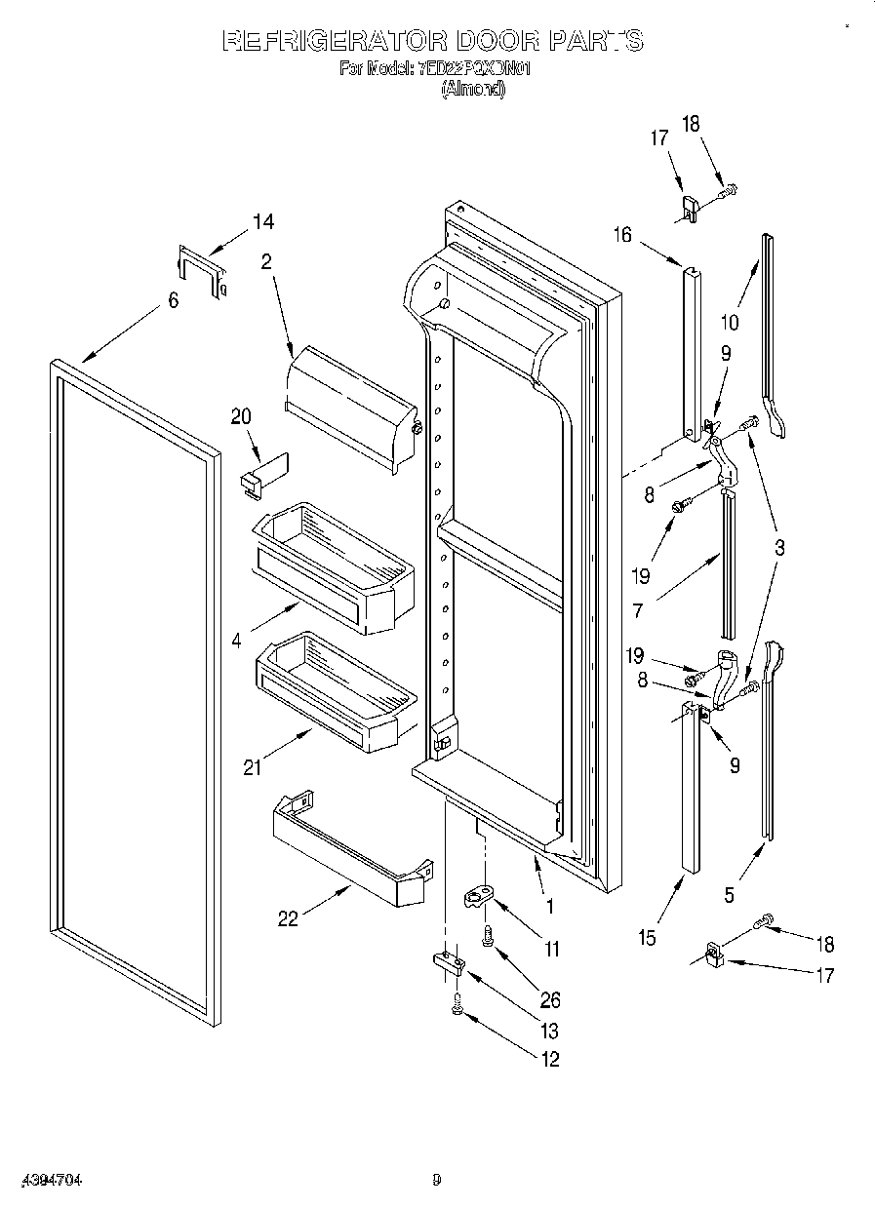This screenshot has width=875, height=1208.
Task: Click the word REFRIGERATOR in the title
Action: point(334,41)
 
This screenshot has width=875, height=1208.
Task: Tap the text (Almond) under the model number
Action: point(473,88)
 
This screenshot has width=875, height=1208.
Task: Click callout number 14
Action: point(262,222)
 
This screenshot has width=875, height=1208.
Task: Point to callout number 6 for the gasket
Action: point(173,300)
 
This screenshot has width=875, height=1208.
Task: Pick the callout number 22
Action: point(288,918)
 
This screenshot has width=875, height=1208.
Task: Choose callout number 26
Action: point(550,999)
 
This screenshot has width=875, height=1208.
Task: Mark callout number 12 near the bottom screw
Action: point(550,1060)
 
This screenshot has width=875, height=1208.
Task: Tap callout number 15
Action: point(647,938)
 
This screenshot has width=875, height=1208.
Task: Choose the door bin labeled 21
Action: point(337,690)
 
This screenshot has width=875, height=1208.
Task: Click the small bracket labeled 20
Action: point(263,474)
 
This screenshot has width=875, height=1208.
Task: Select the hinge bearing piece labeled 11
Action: point(479,895)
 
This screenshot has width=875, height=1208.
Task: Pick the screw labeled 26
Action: point(487,938)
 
